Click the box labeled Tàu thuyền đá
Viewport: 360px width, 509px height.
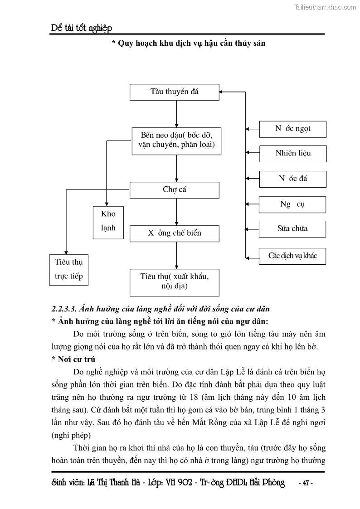[175, 92]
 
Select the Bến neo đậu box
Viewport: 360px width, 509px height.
[176, 141]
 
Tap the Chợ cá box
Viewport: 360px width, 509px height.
[175, 190]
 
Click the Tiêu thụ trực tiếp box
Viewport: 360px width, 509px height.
[68, 269]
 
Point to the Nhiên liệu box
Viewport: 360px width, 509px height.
[292, 153]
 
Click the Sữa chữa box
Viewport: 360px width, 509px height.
[292, 228]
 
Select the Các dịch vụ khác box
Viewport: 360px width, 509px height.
[292, 256]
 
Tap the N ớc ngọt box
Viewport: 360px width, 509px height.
[292, 129]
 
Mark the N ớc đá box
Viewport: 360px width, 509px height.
[292, 179]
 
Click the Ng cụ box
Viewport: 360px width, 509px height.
[292, 204]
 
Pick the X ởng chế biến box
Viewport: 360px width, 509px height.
[175, 233]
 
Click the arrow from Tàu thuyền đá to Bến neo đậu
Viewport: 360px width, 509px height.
[176, 114]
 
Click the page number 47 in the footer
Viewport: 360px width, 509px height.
[305, 483]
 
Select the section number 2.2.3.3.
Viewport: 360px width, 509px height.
[64, 309]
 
